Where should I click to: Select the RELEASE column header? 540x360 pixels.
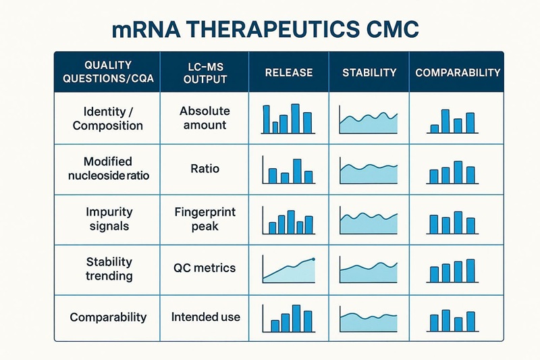tap(288, 72)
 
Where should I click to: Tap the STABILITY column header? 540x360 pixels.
tap(369, 72)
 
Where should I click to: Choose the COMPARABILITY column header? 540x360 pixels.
tap(458, 72)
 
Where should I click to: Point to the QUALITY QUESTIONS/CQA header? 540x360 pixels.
tap(108, 72)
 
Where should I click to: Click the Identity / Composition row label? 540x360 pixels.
tap(108, 118)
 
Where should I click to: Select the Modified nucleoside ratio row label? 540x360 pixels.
tap(108, 169)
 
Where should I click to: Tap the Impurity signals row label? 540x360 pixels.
tap(108, 219)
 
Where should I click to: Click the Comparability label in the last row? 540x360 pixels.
tap(108, 317)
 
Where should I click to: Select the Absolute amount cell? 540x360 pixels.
tap(205, 118)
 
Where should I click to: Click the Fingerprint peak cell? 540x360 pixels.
tap(205, 219)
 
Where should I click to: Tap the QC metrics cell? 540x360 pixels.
tap(205, 267)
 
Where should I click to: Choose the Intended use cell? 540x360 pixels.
tap(205, 317)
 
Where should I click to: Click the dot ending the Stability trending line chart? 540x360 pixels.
tap(314, 259)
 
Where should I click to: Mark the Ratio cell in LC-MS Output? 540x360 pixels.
tap(205, 169)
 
